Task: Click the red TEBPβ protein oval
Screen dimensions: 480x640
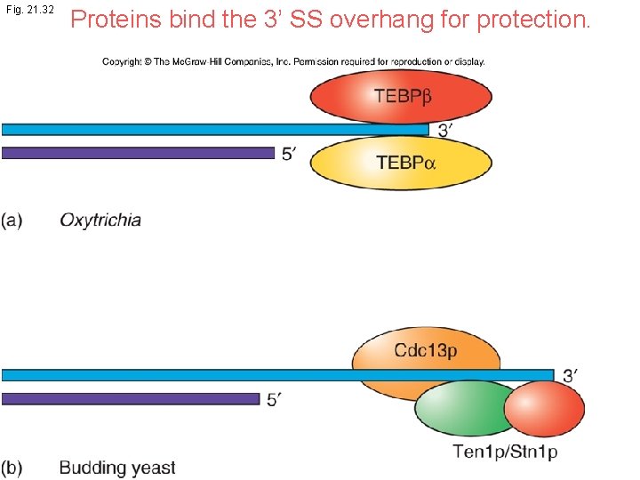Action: click(x=402, y=95)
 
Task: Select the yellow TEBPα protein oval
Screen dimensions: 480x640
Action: click(x=402, y=164)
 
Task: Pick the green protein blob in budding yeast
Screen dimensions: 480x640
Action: click(x=459, y=410)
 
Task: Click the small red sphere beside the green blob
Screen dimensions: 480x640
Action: click(x=544, y=408)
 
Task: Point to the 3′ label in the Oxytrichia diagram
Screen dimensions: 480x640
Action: click(x=445, y=130)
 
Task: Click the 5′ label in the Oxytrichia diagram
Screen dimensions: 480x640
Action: click(x=290, y=154)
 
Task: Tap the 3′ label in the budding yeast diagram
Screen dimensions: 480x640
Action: click(x=572, y=376)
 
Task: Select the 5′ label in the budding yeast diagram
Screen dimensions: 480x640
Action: click(x=276, y=400)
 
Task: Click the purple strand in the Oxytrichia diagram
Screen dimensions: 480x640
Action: click(x=138, y=153)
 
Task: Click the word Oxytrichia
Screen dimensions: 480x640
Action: click(x=100, y=220)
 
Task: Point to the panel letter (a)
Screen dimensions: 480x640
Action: click(x=12, y=220)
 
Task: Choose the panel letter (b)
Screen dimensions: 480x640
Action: click(x=12, y=468)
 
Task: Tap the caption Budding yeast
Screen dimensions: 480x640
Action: click(x=117, y=468)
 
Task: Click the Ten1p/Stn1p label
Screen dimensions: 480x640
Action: click(x=505, y=452)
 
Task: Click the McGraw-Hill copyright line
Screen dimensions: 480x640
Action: click(x=293, y=61)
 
